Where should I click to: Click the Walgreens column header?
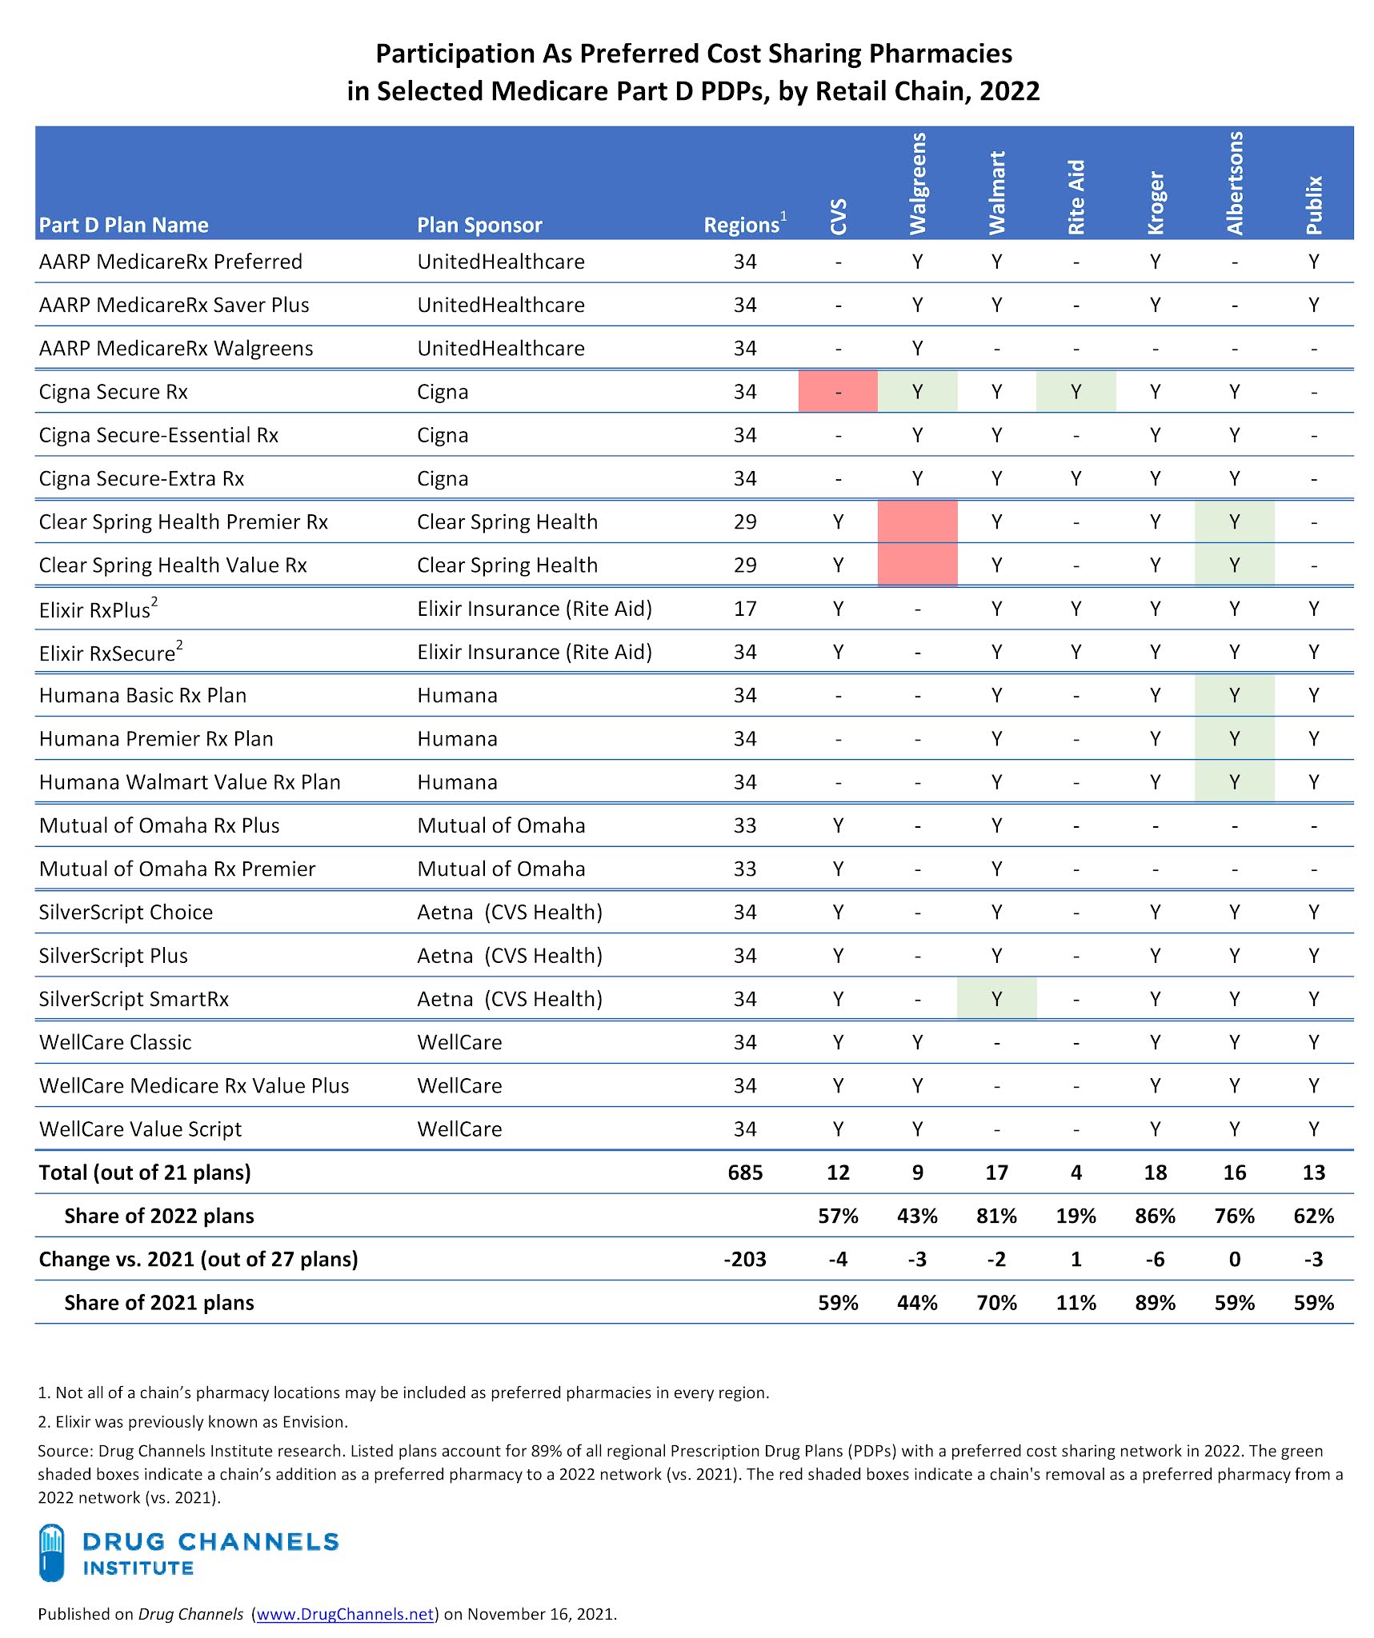(x=917, y=183)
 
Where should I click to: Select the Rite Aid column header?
(x=1076, y=197)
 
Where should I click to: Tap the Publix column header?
(x=1314, y=205)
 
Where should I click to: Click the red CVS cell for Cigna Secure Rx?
(x=838, y=392)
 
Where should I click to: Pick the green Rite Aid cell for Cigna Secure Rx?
(x=1076, y=392)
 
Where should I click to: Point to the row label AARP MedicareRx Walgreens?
(x=176, y=349)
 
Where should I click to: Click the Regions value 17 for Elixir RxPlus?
(x=745, y=609)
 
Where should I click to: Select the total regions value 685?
(x=745, y=1173)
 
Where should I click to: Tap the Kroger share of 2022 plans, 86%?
(x=1155, y=1216)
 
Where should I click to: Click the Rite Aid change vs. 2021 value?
(x=1076, y=1259)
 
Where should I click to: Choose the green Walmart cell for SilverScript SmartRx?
(x=996, y=999)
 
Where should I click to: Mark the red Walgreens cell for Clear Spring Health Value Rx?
(x=917, y=565)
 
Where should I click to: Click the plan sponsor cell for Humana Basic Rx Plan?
(x=457, y=696)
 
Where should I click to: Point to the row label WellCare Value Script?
(x=140, y=1129)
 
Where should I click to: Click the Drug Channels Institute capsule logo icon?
(x=52, y=1552)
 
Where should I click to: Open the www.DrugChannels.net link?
(x=345, y=1614)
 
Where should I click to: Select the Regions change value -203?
(x=745, y=1259)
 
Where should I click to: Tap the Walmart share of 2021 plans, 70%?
(x=996, y=1303)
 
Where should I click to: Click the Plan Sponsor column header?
(x=479, y=226)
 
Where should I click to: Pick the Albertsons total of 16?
(x=1234, y=1173)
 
